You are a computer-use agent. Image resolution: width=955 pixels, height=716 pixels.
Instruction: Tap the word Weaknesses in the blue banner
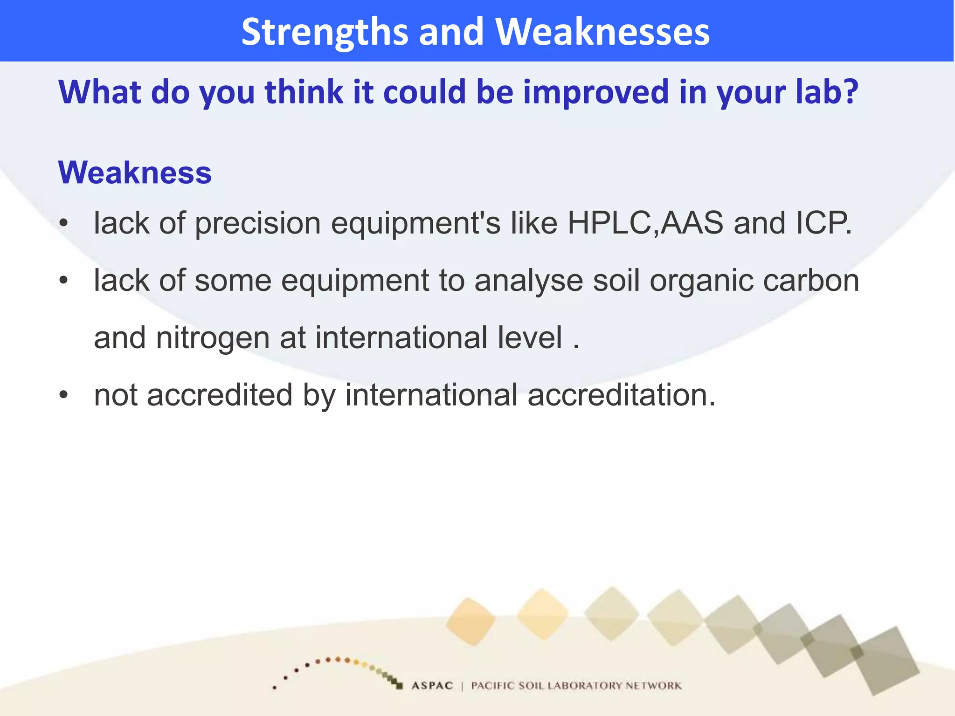click(x=602, y=32)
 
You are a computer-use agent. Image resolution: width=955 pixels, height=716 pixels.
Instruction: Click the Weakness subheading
click(x=135, y=172)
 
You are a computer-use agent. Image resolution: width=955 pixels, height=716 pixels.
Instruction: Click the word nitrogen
click(x=213, y=338)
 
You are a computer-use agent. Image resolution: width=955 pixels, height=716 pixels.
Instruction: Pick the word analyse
click(x=528, y=282)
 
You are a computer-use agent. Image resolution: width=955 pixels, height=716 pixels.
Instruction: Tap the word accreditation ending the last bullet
click(x=621, y=395)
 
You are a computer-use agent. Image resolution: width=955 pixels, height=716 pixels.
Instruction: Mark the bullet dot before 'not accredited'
click(x=64, y=395)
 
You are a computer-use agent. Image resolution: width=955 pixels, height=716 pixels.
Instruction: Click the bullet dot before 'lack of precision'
click(x=64, y=223)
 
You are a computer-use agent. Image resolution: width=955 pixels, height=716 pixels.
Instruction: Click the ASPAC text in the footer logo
click(x=432, y=685)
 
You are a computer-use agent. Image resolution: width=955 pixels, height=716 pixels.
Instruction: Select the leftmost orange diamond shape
click(x=471, y=621)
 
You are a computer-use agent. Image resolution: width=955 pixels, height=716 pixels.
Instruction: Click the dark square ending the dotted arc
click(x=399, y=686)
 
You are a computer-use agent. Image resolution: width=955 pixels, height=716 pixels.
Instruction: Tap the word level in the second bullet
click(x=530, y=337)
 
